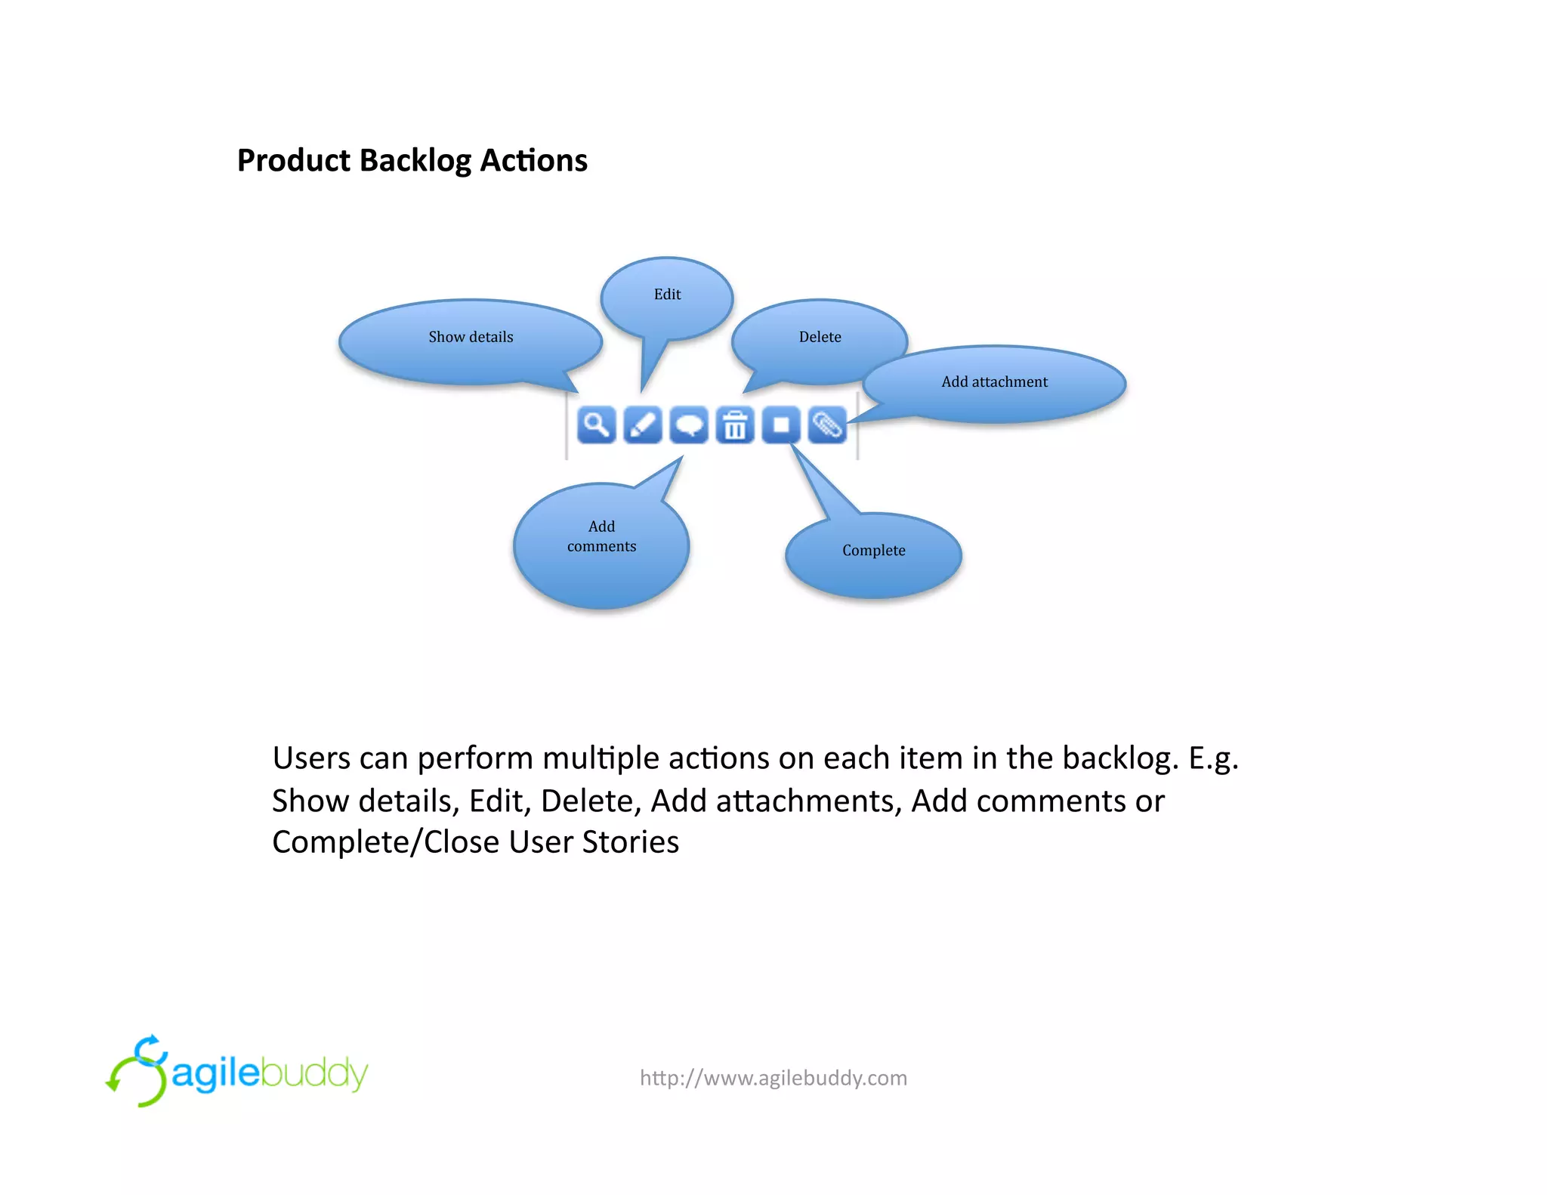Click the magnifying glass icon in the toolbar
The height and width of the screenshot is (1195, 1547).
click(x=596, y=425)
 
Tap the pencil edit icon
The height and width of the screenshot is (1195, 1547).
click(x=643, y=425)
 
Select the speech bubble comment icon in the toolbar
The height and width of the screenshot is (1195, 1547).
click(x=689, y=425)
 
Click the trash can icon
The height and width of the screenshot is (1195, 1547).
click(x=735, y=425)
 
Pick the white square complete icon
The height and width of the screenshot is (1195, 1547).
click(x=781, y=425)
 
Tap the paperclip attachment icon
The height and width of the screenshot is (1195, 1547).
click(x=827, y=425)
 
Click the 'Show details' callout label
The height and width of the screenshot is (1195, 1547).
click(x=471, y=337)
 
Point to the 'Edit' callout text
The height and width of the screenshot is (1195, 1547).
click(x=667, y=295)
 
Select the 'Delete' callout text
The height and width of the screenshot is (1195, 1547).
click(x=820, y=337)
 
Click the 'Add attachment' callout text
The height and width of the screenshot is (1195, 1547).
click(x=994, y=382)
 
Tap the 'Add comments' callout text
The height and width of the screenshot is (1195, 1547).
click(x=601, y=536)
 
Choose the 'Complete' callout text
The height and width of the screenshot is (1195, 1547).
click(x=873, y=551)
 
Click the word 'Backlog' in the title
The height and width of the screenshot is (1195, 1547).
click(x=415, y=161)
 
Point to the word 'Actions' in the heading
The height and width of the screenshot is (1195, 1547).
click(x=533, y=161)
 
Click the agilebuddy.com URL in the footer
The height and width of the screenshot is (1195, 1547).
click(x=773, y=1078)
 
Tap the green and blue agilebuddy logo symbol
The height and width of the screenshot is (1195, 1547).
click(x=137, y=1071)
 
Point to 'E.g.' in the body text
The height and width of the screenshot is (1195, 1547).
click(x=1213, y=759)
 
